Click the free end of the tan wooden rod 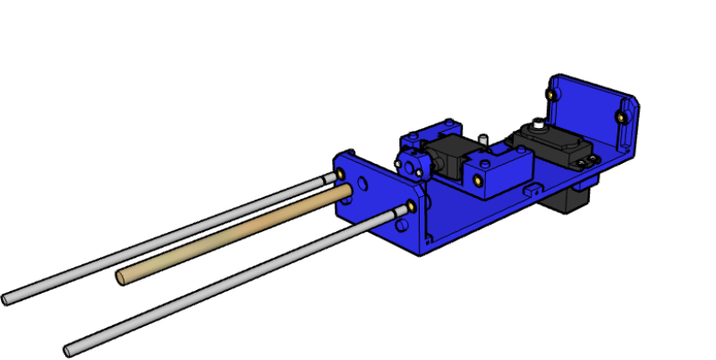121,278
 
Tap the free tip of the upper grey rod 6,300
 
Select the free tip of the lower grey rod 69,350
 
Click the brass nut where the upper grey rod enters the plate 341,174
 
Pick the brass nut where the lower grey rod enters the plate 411,207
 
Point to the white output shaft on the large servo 535,125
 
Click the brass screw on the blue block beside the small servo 479,179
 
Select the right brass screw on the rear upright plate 620,116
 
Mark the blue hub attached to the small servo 412,165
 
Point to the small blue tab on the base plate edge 534,189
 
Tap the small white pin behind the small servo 482,140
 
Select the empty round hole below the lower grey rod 401,225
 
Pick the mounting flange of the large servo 586,161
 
